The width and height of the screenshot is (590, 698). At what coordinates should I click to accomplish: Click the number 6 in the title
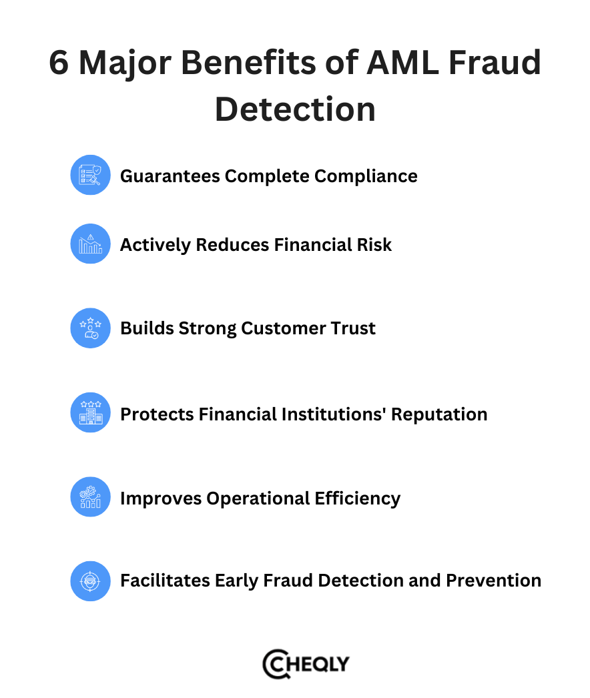(x=59, y=64)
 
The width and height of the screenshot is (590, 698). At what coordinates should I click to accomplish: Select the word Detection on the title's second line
(x=295, y=109)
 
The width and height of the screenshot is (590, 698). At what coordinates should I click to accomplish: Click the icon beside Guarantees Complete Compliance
(x=90, y=176)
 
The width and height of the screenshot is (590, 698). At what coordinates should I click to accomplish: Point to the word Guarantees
(x=170, y=176)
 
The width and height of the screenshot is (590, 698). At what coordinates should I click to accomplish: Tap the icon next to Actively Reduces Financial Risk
(x=90, y=244)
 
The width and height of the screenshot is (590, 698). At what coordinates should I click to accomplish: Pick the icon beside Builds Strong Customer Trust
(x=90, y=328)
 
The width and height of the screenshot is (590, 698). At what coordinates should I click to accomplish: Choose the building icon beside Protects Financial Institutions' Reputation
(x=90, y=413)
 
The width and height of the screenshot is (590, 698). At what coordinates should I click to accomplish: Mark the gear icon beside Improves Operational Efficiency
(x=90, y=497)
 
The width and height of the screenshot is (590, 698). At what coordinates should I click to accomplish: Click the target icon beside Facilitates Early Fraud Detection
(x=90, y=581)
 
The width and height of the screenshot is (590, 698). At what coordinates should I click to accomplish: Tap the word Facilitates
(x=164, y=581)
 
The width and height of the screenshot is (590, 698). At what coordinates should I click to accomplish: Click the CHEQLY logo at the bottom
(x=306, y=664)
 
